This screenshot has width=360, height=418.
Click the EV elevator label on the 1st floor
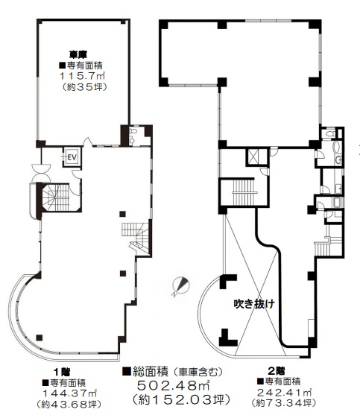pyautogui.click(x=72, y=157)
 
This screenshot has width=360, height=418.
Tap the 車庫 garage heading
pyautogui.click(x=78, y=54)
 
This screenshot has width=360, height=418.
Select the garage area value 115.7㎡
pyautogui.click(x=82, y=76)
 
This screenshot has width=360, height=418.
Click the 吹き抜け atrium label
pyautogui.click(x=254, y=304)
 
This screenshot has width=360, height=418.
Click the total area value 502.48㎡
pyautogui.click(x=174, y=385)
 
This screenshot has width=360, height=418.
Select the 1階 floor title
pyautogui.click(x=62, y=372)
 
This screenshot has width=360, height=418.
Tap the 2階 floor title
pyautogui.click(x=277, y=371)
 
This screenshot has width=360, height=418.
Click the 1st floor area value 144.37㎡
pyautogui.click(x=69, y=393)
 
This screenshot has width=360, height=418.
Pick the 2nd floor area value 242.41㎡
pyautogui.click(x=284, y=393)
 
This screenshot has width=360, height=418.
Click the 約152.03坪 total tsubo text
pyautogui.click(x=181, y=399)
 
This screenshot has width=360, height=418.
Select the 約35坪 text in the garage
pyautogui.click(x=84, y=87)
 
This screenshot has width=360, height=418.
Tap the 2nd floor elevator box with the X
pyautogui.click(x=253, y=156)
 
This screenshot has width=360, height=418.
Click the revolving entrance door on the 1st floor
pyautogui.click(x=41, y=173)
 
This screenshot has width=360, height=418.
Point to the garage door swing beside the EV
pyautogui.click(x=87, y=142)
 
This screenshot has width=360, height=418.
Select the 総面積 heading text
pyautogui.click(x=151, y=372)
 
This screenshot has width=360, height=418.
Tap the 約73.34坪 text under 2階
pyautogui.click(x=284, y=402)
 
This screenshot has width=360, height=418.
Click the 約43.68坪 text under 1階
pyautogui.click(x=69, y=404)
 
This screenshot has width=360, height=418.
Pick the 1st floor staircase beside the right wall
pyautogui.click(x=136, y=236)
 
